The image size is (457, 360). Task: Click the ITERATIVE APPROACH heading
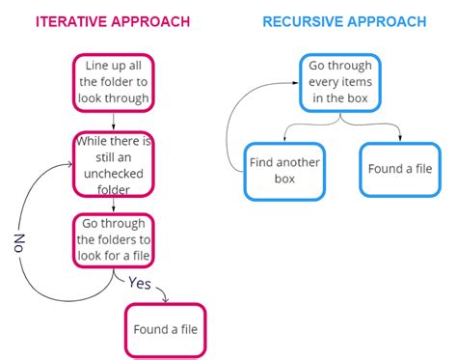click(113, 20)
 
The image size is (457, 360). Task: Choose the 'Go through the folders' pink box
click(114, 240)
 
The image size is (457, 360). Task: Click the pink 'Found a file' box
click(166, 330)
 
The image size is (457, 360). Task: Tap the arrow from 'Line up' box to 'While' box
click(114, 120)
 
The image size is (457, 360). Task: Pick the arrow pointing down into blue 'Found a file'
click(395, 130)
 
